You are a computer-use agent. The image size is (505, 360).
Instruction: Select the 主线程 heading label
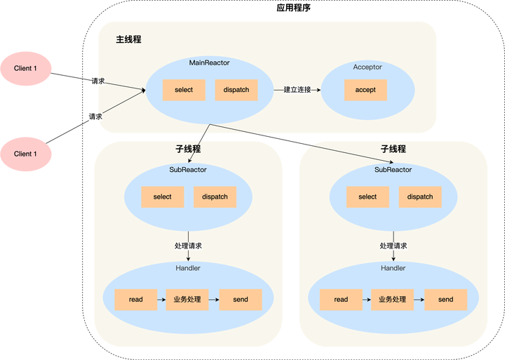pyautogui.click(x=128, y=39)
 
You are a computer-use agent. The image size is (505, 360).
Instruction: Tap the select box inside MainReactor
pyautogui.click(x=184, y=90)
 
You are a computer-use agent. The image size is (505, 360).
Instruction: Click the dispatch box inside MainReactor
pyautogui.click(x=236, y=90)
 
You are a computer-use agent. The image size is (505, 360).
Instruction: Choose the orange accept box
pyautogui.click(x=365, y=90)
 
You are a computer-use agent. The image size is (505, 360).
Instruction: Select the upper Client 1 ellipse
pyautogui.click(x=25, y=68)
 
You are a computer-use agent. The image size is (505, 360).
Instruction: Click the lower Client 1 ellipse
pyautogui.click(x=25, y=154)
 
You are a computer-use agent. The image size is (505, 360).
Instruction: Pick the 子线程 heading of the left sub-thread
pyautogui.click(x=188, y=149)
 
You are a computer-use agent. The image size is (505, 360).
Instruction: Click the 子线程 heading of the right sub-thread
pyautogui.click(x=393, y=149)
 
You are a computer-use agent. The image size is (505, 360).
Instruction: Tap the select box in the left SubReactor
pyautogui.click(x=162, y=197)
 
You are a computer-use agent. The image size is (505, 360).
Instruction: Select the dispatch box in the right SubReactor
pyautogui.click(x=420, y=197)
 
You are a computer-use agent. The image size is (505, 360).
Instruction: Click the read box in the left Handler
pyautogui.click(x=135, y=300)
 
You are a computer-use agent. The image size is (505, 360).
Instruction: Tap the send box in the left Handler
pyautogui.click(x=241, y=300)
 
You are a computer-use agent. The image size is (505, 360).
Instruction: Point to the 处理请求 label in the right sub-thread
pyautogui.click(x=393, y=246)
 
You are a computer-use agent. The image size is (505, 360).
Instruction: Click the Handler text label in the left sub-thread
pyautogui.click(x=188, y=269)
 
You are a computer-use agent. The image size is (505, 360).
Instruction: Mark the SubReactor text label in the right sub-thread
pyautogui.click(x=393, y=170)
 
